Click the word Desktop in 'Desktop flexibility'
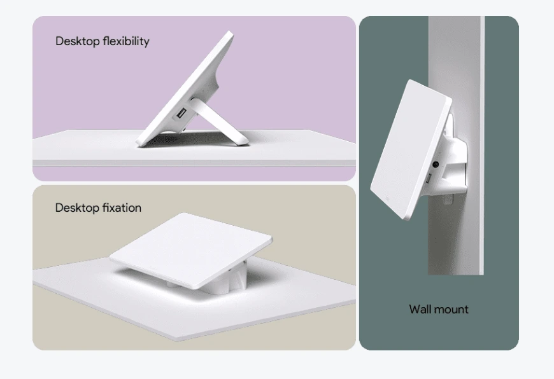[x=78, y=41]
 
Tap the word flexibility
[x=126, y=41]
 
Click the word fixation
[x=122, y=207]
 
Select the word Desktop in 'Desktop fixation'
[x=78, y=208]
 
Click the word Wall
[x=421, y=309]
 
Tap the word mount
[x=453, y=310]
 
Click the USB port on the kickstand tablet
[x=181, y=114]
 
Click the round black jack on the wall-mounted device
[x=436, y=164]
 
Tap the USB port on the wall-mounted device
[x=427, y=179]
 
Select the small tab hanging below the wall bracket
[x=448, y=198]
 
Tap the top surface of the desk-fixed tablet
[x=191, y=248]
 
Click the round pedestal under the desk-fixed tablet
[x=227, y=280]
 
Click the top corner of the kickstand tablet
[x=231, y=32]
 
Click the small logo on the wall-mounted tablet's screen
[x=388, y=198]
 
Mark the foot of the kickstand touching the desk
[x=243, y=142]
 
